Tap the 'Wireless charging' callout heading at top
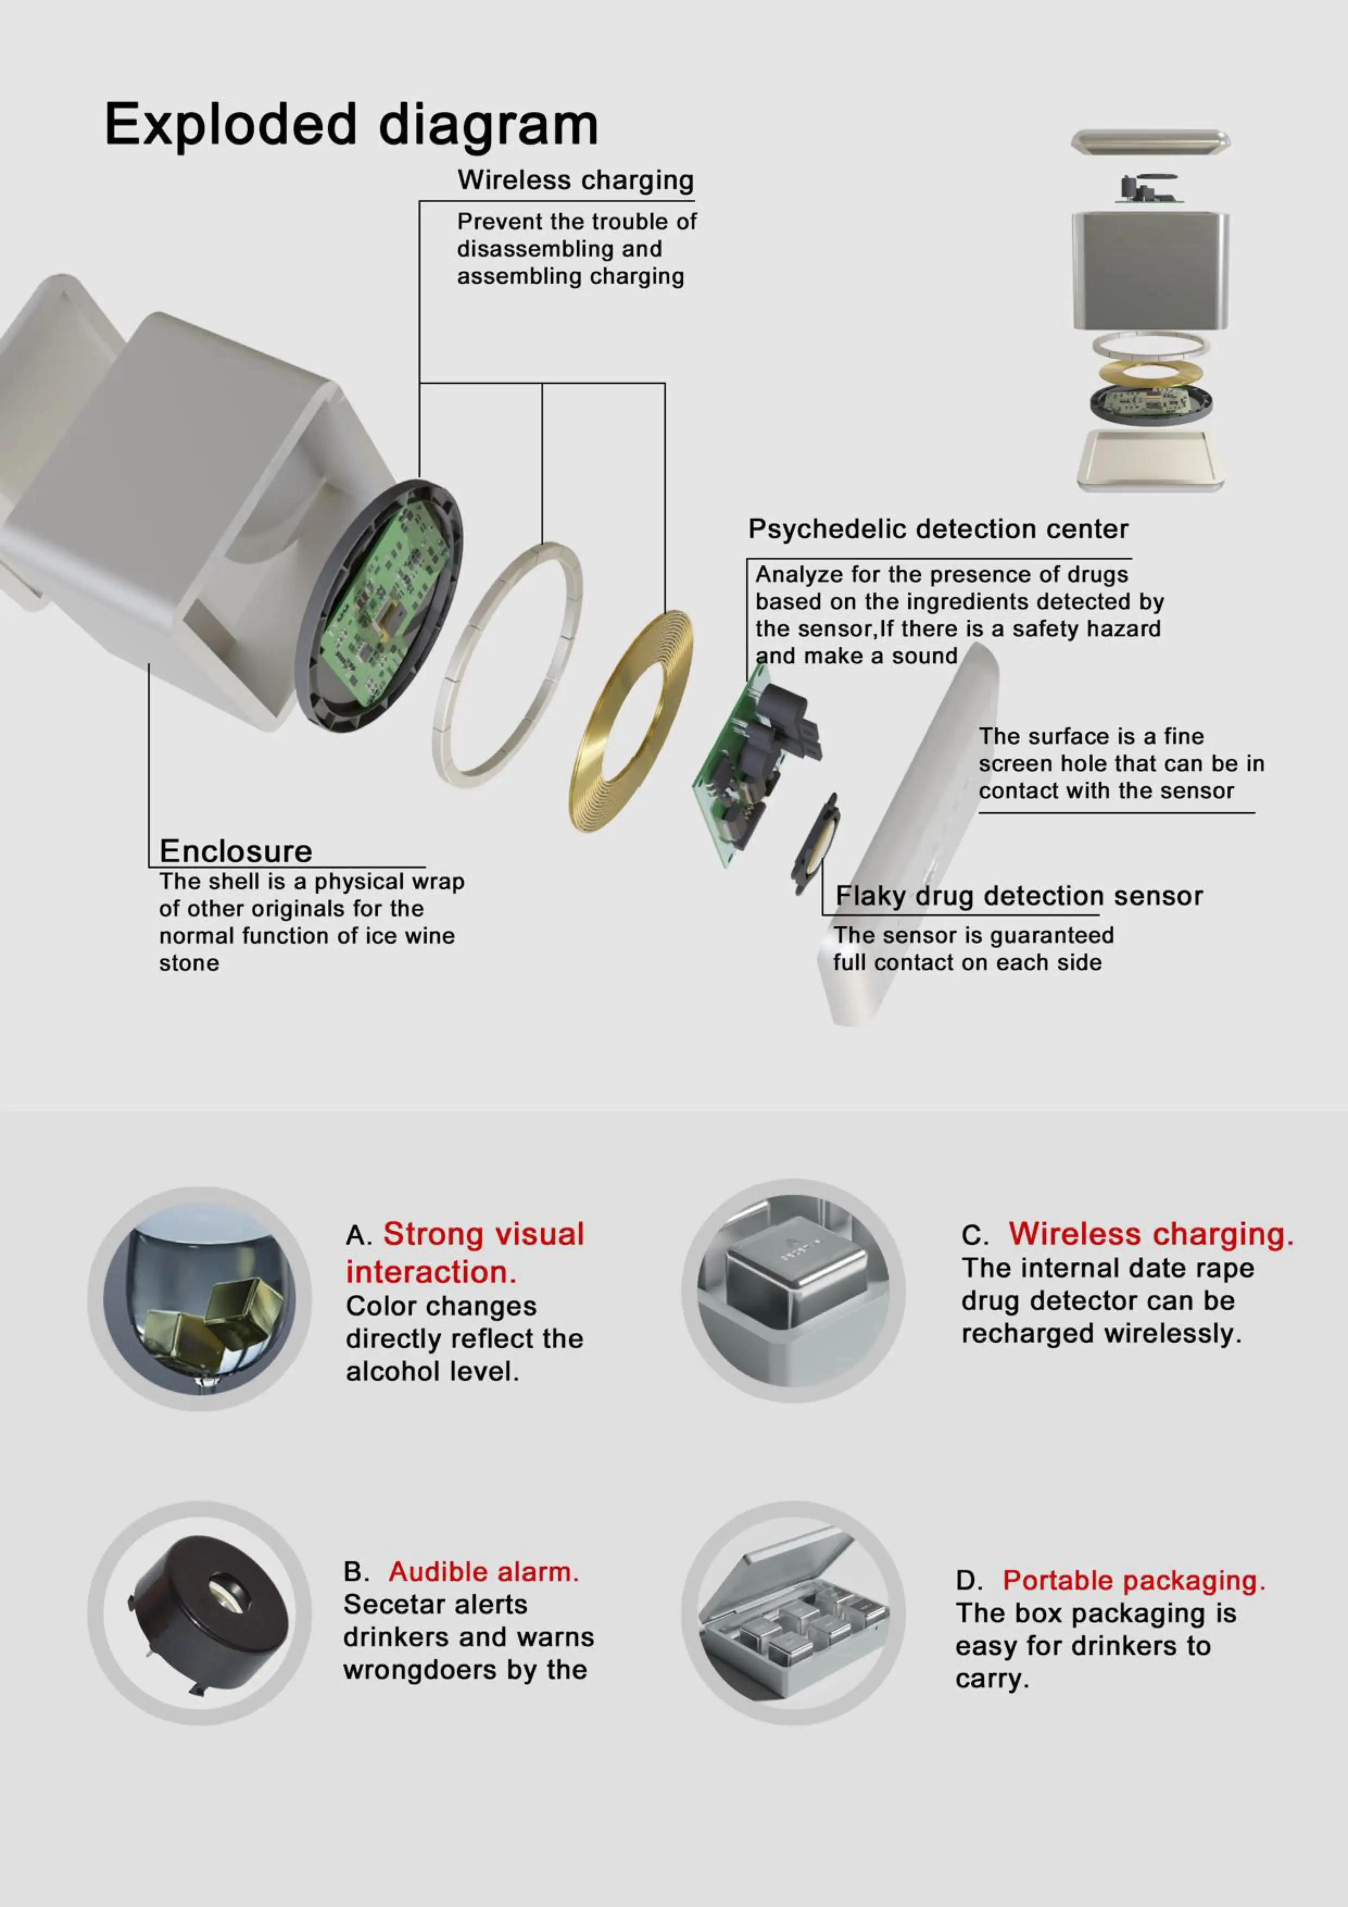tap(576, 180)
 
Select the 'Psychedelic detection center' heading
tap(938, 529)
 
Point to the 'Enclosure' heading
tap(236, 851)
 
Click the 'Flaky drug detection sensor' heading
tap(1019, 896)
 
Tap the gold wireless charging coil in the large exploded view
tap(631, 721)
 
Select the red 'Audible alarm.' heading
tap(483, 1572)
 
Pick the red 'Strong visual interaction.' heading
tap(465, 1252)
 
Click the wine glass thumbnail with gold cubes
tap(199, 1298)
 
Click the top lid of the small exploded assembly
tap(1150, 142)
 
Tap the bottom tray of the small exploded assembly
tap(1150, 459)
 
